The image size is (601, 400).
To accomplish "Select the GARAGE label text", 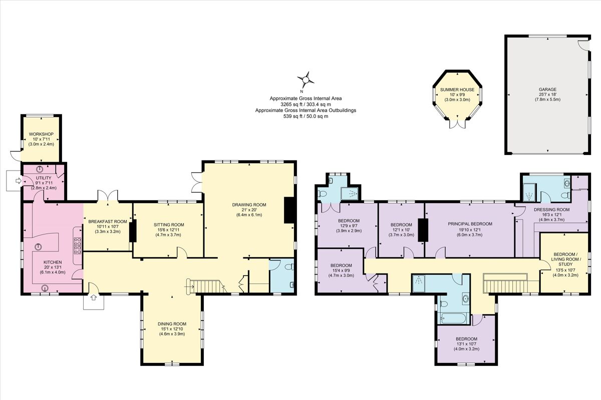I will (546, 90).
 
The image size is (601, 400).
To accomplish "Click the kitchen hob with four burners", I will (78, 245).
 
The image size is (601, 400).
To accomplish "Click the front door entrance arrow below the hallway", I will (93, 298).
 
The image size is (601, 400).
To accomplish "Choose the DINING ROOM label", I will (172, 324).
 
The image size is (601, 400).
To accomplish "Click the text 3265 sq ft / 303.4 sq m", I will (306, 104).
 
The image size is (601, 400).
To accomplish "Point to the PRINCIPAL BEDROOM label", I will (470, 224).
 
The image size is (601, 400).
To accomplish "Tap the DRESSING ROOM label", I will (554, 209).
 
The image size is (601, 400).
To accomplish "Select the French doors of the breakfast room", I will (108, 195).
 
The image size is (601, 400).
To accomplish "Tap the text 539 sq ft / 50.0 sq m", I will (306, 116).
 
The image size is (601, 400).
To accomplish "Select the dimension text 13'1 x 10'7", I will (466, 344).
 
